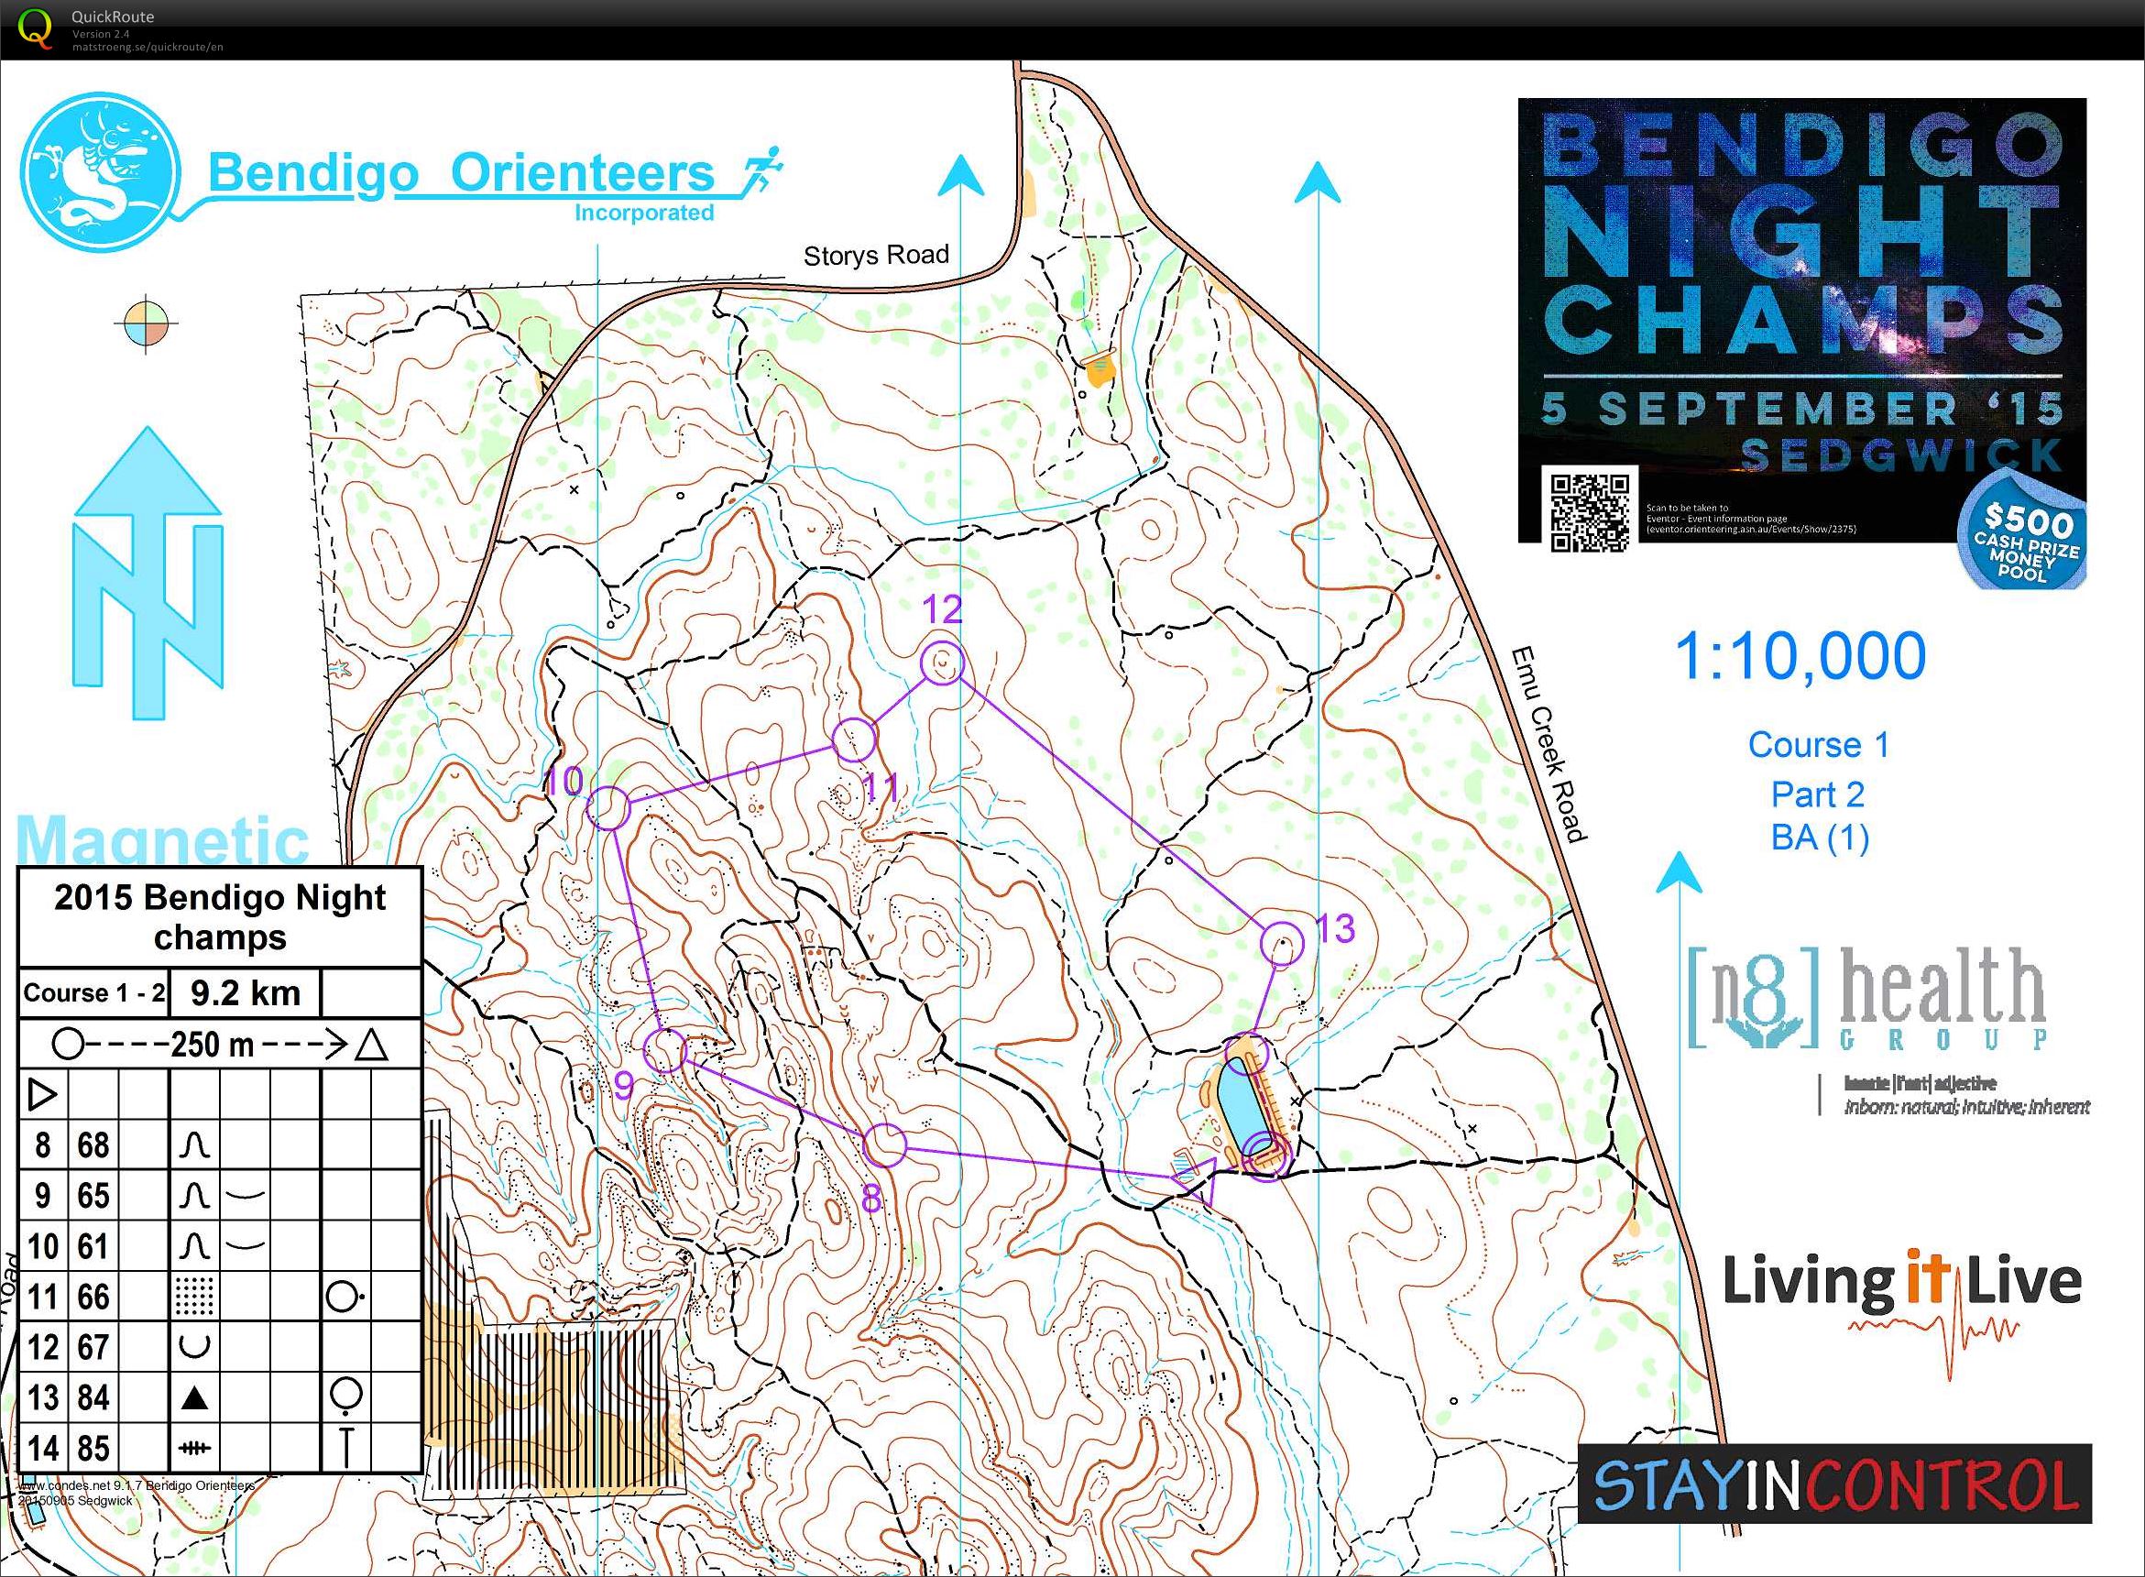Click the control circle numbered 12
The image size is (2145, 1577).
[x=942, y=663]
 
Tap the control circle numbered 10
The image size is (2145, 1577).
[x=609, y=808]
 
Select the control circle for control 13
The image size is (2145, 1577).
[x=1282, y=943]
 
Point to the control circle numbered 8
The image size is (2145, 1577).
[x=884, y=1145]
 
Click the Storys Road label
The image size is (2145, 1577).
[x=875, y=255]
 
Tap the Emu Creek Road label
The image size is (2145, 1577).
[x=1548, y=745]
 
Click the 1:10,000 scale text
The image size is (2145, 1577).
[x=1800, y=657]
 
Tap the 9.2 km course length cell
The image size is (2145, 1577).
[x=246, y=992]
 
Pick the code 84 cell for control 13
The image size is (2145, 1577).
[x=93, y=1397]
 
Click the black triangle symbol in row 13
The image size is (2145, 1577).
[x=195, y=1398]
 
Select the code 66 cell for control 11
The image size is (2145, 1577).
[x=93, y=1297]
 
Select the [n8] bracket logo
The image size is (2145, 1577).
[x=1753, y=999]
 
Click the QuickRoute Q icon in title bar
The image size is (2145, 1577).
[x=36, y=27]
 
